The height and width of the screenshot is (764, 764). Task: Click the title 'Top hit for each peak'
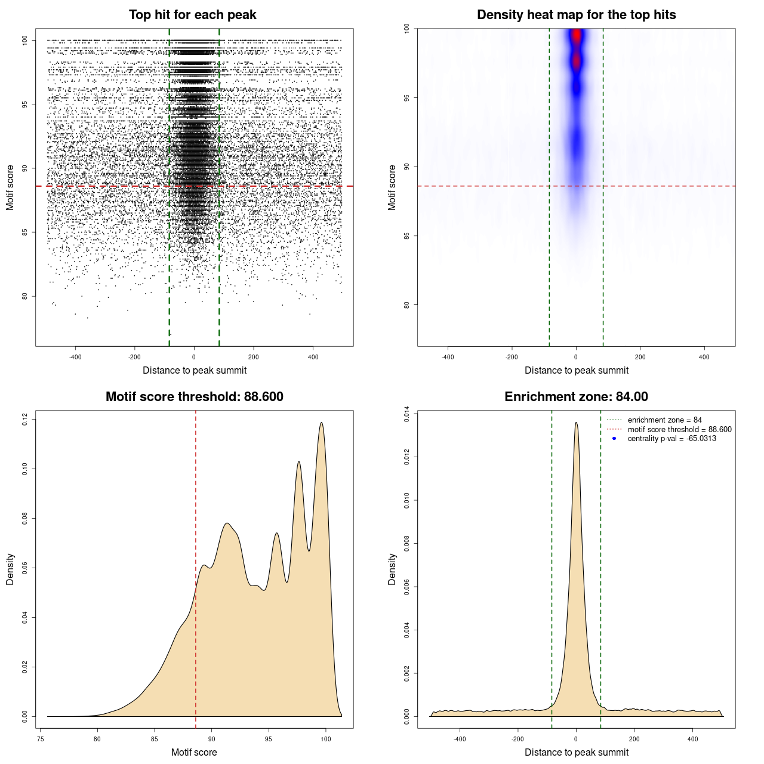192,15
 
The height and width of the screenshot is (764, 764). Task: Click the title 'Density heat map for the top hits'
576,15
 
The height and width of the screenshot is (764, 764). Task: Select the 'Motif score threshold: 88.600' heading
194,397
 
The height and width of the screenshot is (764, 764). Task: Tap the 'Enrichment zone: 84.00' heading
576,397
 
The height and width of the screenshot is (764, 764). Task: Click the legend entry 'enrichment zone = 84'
664,420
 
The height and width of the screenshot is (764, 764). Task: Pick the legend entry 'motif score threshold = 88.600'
679,430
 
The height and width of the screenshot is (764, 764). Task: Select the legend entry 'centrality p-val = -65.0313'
671,439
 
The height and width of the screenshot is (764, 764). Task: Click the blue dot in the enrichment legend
614,439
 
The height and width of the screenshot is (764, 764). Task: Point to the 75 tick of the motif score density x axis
40,739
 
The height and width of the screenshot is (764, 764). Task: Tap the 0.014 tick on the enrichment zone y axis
406,414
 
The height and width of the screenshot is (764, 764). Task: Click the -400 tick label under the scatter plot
75,357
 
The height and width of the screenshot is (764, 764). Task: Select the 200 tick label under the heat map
640,357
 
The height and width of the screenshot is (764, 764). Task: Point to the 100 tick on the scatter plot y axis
24,40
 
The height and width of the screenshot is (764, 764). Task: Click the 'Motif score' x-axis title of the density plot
194,752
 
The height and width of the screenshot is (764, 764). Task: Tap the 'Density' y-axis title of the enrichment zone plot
392,569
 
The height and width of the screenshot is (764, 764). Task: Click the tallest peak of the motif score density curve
322,423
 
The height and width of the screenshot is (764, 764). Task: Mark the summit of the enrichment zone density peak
576,423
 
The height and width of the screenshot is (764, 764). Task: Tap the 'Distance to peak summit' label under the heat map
576,370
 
